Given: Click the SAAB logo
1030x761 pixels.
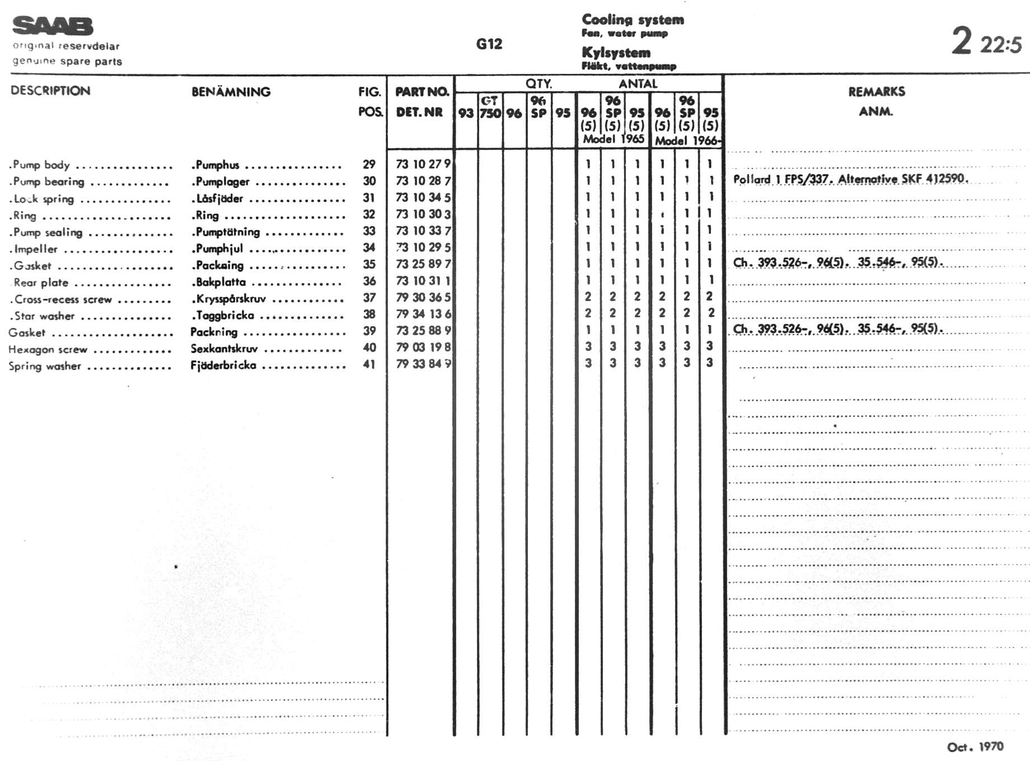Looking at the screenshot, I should tap(53, 26).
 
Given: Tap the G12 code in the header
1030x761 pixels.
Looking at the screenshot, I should tap(489, 44).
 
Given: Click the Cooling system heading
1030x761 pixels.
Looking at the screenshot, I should tap(633, 20).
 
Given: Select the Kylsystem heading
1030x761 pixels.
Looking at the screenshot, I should tap(616, 53).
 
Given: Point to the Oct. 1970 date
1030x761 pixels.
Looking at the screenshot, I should tap(975, 746).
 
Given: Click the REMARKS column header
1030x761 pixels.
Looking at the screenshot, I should tap(876, 92).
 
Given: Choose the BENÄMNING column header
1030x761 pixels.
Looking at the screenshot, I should tap(231, 92).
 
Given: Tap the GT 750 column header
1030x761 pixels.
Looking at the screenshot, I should tap(490, 107).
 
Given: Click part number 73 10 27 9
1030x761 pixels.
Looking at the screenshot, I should tap(423, 164).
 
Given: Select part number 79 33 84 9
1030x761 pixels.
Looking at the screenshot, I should tap(423, 364).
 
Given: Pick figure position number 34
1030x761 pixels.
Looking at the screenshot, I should tap(369, 247).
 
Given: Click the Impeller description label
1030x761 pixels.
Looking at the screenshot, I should tap(35, 249).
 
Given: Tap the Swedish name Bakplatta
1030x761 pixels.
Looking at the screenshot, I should tap(221, 282).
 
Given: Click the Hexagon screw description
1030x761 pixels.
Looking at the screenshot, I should tap(48, 350).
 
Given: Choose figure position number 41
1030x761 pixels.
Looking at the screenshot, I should tap(369, 364).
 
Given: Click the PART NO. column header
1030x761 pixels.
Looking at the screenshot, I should tap(422, 92).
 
